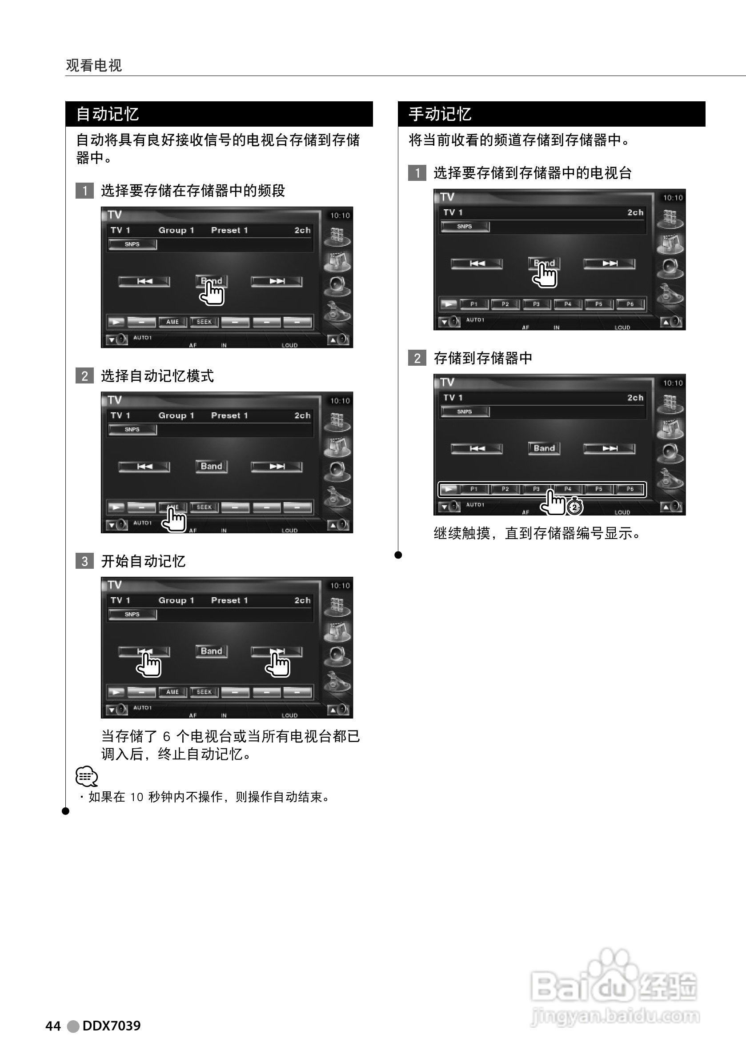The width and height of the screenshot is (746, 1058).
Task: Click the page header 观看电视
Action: point(94,65)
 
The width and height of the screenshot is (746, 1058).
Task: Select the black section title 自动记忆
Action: point(107,114)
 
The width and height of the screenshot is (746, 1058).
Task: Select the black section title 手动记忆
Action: point(439,114)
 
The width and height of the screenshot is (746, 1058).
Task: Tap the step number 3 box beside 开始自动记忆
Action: point(84,561)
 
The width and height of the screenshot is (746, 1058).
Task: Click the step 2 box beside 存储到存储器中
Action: point(417,358)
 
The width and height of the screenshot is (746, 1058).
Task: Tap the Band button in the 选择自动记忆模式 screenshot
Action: point(211,466)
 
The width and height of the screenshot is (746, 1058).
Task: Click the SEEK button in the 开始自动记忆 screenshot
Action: point(204,692)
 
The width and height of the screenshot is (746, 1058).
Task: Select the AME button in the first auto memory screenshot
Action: point(172,322)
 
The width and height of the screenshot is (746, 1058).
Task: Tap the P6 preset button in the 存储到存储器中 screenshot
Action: point(630,489)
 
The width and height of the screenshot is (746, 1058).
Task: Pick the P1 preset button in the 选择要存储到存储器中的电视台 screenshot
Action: point(473,304)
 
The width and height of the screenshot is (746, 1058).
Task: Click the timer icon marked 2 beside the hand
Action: point(574,507)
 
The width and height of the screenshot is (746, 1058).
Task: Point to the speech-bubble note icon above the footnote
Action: point(86,776)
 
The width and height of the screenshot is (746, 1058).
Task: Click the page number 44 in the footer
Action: point(53,1026)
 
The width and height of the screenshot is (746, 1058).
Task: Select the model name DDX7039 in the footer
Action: point(111,1026)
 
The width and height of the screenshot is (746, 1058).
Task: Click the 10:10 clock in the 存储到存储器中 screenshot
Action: point(672,383)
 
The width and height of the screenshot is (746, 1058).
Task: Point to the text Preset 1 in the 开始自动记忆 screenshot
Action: point(229,600)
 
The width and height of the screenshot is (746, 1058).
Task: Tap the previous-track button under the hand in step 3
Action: point(144,651)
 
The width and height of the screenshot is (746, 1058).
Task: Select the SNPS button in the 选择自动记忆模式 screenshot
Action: point(132,430)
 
